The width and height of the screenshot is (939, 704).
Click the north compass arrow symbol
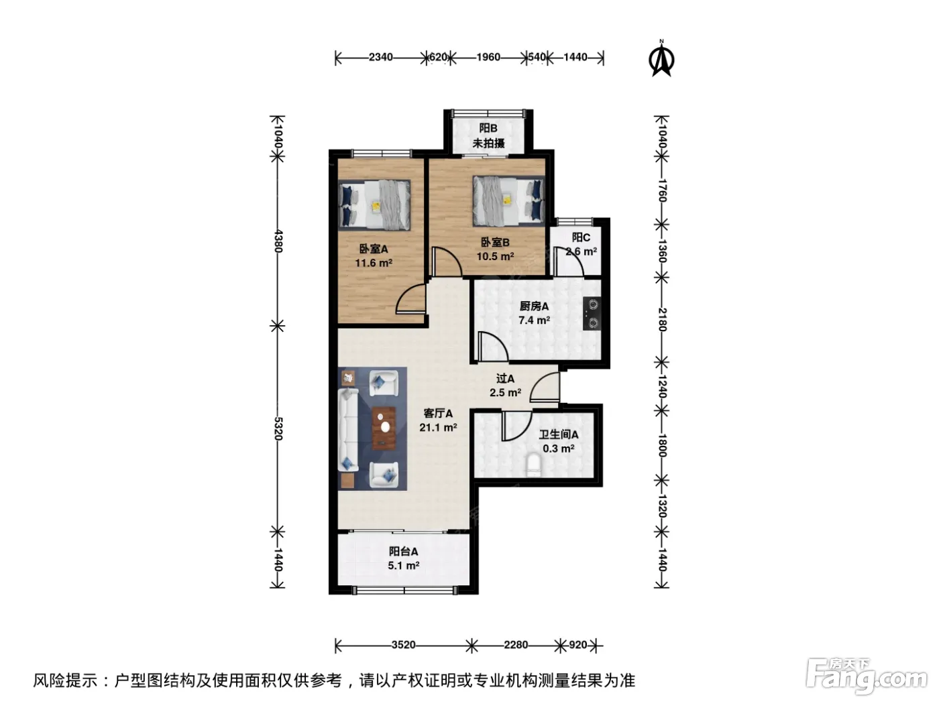(661, 58)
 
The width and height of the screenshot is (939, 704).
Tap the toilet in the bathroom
(533, 465)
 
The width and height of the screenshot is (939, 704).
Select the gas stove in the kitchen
(592, 313)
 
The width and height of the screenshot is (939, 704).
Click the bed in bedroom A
(374, 205)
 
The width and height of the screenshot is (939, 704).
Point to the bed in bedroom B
(508, 201)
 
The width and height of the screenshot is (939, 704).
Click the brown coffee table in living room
(384, 428)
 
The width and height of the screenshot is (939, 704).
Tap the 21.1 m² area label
(438, 427)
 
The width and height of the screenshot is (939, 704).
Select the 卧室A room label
(374, 249)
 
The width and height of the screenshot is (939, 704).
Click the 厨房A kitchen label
(534, 306)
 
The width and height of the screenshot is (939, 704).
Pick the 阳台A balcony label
(403, 551)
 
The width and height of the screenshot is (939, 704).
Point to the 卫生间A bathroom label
(558, 434)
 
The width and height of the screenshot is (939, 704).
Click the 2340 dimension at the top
(381, 57)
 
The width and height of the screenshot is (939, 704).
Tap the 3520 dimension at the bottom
(403, 644)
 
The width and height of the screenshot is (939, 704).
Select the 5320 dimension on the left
(278, 428)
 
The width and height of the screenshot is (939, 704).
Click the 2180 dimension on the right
(662, 320)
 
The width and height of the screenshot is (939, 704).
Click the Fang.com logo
(867, 675)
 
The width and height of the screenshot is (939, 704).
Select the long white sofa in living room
(348, 430)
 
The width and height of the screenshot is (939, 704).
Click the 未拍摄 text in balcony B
(488, 143)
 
